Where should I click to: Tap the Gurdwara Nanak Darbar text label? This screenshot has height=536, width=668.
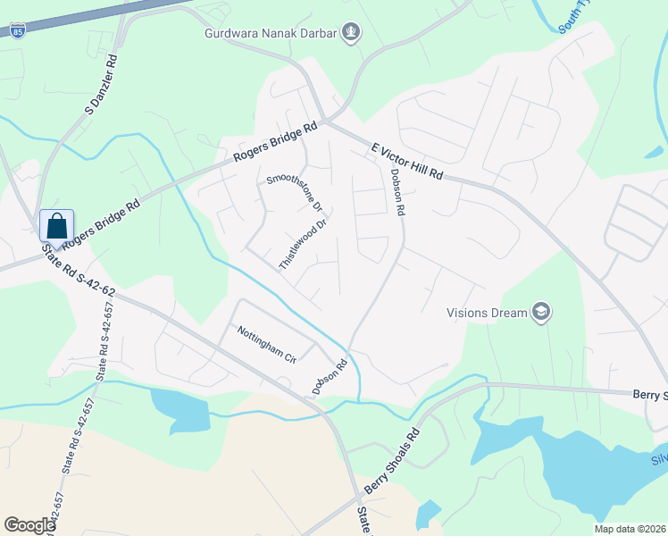point(270,35)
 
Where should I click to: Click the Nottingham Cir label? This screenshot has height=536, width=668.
point(266,344)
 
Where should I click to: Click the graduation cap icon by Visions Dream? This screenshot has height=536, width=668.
point(540,312)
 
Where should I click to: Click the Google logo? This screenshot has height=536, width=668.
point(29,525)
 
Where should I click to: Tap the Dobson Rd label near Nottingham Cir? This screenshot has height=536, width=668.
point(329,377)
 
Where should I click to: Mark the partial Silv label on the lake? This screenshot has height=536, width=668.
point(659,459)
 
